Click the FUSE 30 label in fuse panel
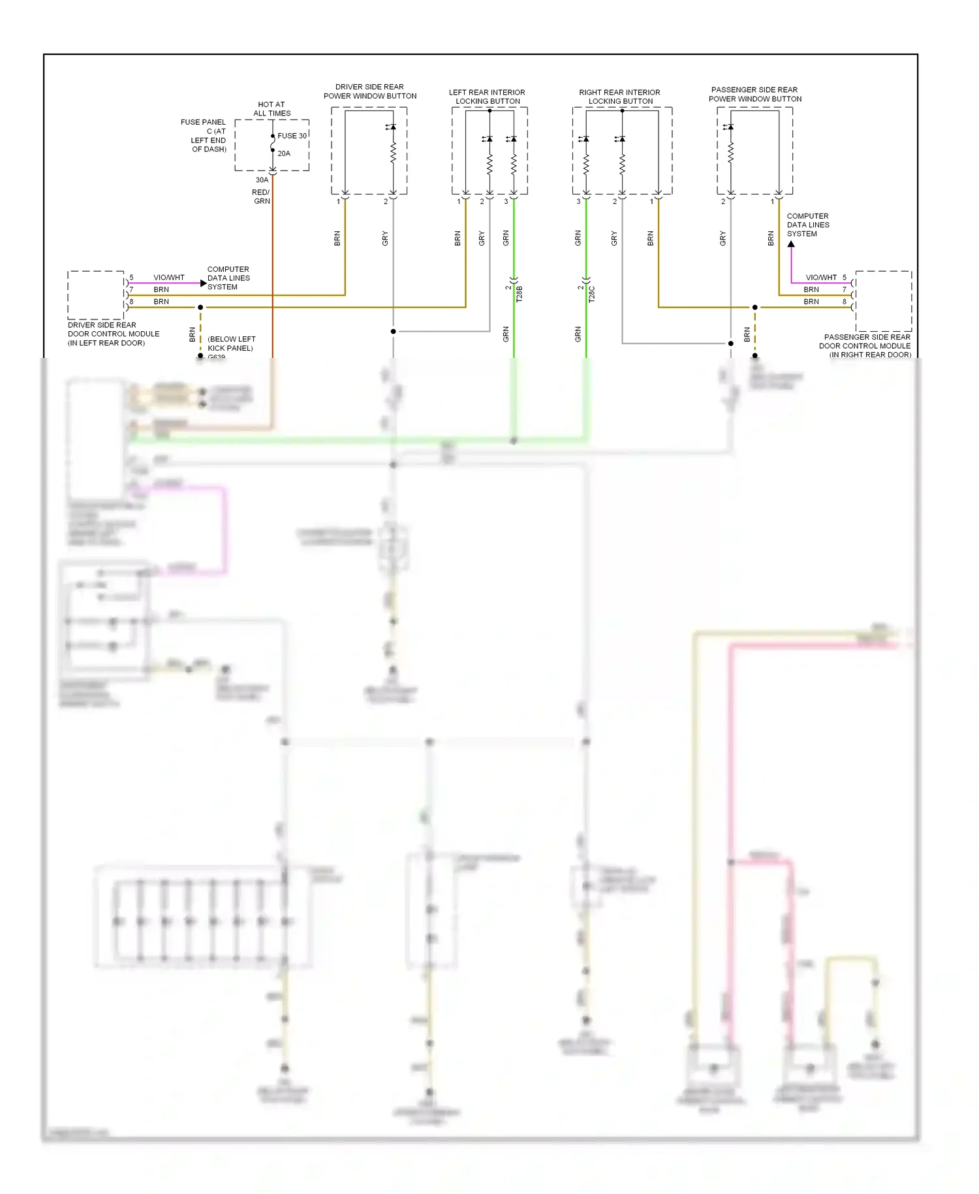pyautogui.click(x=292, y=136)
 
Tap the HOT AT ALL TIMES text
pyautogui.click(x=272, y=108)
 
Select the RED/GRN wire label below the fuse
pyautogui.click(x=261, y=197)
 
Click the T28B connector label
pyautogui.click(x=520, y=293)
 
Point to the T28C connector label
pyautogui.click(x=592, y=293)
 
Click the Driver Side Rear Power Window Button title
pyautogui.click(x=370, y=91)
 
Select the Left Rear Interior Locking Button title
pyautogui.click(x=487, y=97)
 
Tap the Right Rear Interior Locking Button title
pyautogui.click(x=619, y=97)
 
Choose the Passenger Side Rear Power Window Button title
pyautogui.click(x=755, y=94)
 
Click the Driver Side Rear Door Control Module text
pyautogui.click(x=113, y=334)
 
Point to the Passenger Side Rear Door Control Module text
pyautogui.click(x=865, y=346)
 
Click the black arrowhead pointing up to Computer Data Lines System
pyautogui.click(x=791, y=244)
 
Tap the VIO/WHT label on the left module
pyautogui.click(x=169, y=278)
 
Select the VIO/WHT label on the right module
pyautogui.click(x=821, y=278)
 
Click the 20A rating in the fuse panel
pyautogui.click(x=284, y=153)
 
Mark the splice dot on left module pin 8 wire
pyautogui.click(x=200, y=307)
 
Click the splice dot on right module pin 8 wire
pyautogui.click(x=755, y=307)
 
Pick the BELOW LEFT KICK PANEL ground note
pyautogui.click(x=231, y=344)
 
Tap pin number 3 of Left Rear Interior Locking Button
pyautogui.click(x=506, y=202)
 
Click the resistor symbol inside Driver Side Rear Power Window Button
pyautogui.click(x=393, y=153)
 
